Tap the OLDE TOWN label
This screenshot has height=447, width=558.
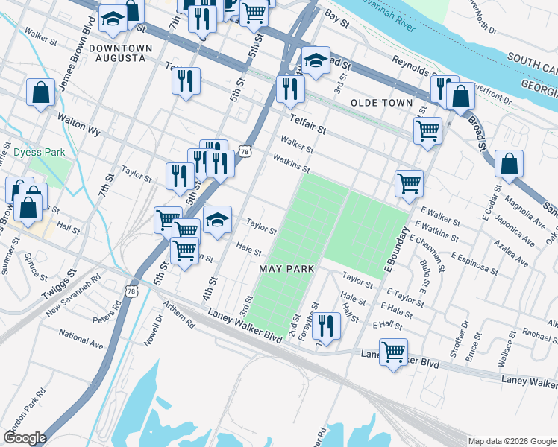click(x=381, y=102)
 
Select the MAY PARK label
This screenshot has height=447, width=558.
click(x=284, y=267)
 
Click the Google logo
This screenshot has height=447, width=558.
click(x=24, y=438)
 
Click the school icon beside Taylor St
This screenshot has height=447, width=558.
click(x=216, y=220)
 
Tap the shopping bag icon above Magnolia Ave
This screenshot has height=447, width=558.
click(x=508, y=165)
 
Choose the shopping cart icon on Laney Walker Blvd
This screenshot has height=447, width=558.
click(x=393, y=352)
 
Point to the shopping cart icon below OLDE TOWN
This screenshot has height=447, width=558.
click(x=427, y=130)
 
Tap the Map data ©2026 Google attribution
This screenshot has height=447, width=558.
click(x=512, y=441)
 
